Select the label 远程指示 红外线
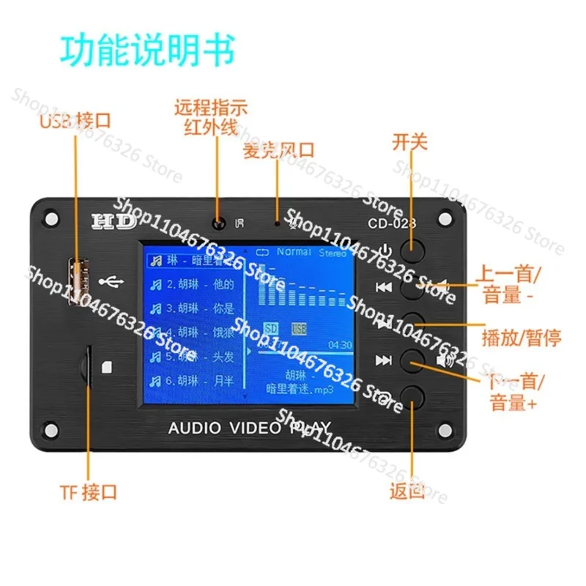click(x=210, y=116)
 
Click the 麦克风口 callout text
click(x=279, y=150)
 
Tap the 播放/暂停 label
click(x=522, y=338)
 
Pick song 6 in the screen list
click(x=190, y=381)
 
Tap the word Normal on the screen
click(x=294, y=252)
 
